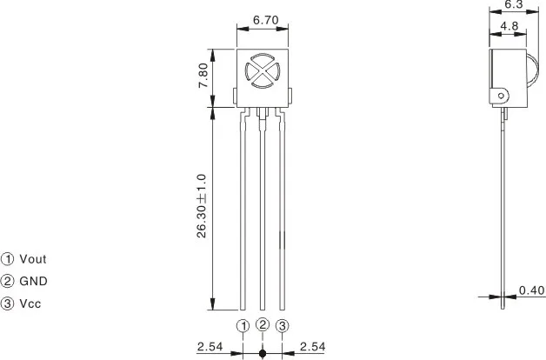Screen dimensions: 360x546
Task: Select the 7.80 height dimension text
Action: [x=203, y=77]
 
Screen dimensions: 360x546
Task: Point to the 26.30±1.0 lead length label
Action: [x=202, y=205]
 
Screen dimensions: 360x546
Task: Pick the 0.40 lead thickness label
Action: [x=531, y=290]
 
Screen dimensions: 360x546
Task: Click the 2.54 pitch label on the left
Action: [x=210, y=347]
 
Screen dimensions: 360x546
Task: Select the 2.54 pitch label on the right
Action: [x=312, y=347]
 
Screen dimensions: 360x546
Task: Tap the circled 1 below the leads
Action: [x=243, y=325]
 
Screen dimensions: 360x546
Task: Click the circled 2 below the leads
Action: [x=263, y=324]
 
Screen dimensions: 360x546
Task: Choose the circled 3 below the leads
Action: [x=283, y=325]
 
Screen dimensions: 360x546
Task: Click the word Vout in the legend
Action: [x=33, y=258]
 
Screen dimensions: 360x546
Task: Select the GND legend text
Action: [x=33, y=281]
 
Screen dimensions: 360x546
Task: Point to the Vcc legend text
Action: [x=30, y=303]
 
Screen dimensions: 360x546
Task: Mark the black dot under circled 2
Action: [x=263, y=353]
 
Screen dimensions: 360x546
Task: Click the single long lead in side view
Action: [x=504, y=209]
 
